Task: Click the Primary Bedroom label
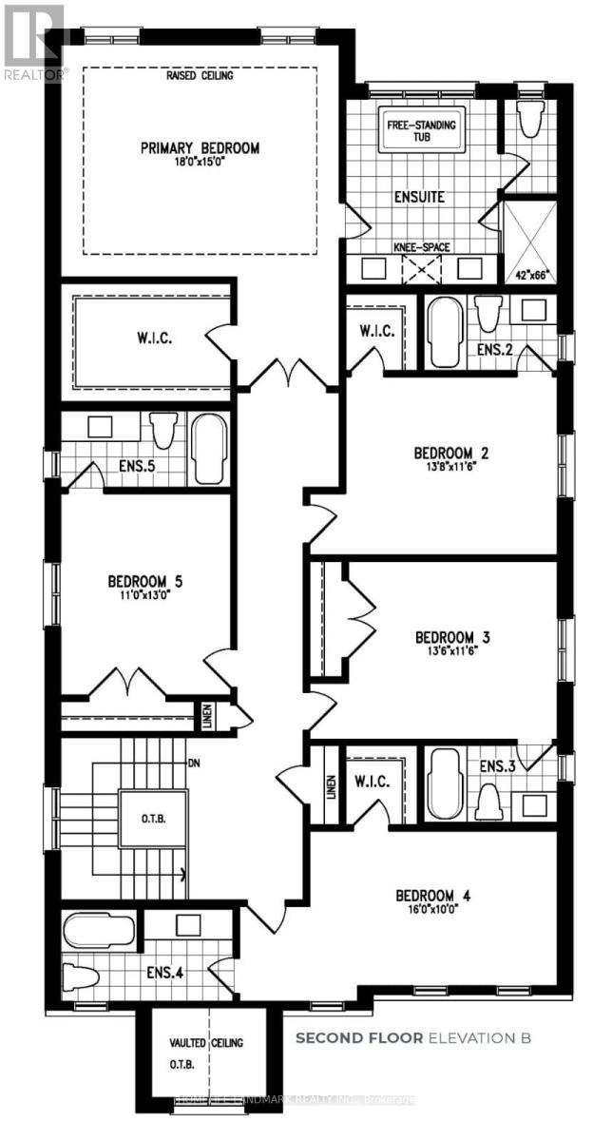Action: coord(200,148)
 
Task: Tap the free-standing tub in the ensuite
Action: coord(420,134)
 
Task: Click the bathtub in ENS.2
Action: coord(444,332)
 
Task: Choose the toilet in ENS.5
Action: coord(163,430)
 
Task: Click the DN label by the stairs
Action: coord(194,763)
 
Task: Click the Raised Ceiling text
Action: coord(200,75)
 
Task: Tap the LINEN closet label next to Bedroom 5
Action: coord(207,716)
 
